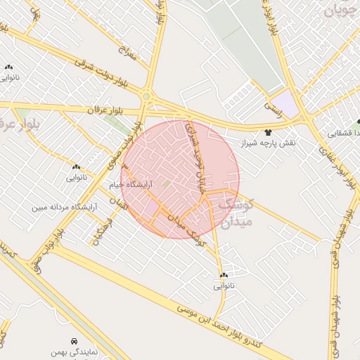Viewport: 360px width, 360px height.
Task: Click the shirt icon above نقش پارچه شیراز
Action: pyautogui.click(x=267, y=132)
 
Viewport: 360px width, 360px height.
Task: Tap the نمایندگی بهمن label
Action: pyautogui.click(x=74, y=349)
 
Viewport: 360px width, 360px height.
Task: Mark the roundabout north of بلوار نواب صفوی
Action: pyautogui.click(x=147, y=97)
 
